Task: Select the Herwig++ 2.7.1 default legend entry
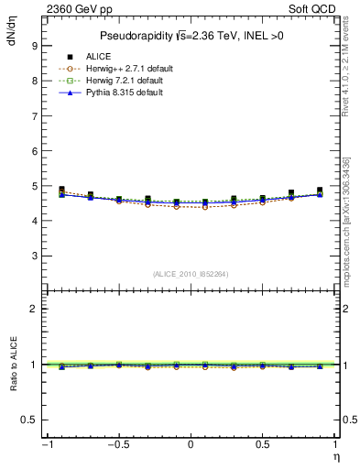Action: coord(119,70)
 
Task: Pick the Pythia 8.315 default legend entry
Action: coord(116,93)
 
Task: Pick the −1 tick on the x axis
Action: coord(46,445)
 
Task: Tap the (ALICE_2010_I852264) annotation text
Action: coord(190,274)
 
